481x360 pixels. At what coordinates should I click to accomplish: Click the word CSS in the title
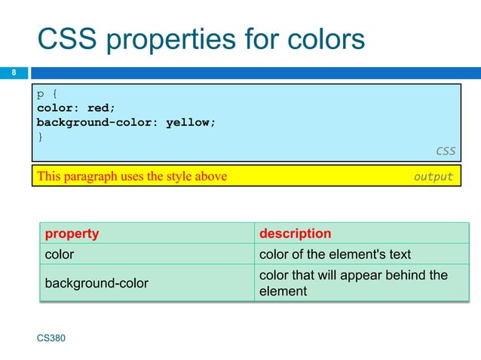pyautogui.click(x=66, y=39)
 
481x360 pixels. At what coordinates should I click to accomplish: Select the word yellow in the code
pyautogui.click(x=189, y=122)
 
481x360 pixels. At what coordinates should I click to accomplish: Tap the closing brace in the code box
pyautogui.click(x=41, y=136)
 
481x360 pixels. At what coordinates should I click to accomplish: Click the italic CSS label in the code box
pyautogui.click(x=445, y=151)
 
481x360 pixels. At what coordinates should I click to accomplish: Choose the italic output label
pyautogui.click(x=433, y=177)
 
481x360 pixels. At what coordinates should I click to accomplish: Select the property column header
pyautogui.click(x=72, y=233)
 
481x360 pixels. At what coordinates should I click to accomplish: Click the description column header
pyautogui.click(x=295, y=233)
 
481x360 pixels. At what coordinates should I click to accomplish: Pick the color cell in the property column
pyautogui.click(x=60, y=255)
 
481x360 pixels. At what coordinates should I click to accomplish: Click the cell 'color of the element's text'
pyautogui.click(x=335, y=255)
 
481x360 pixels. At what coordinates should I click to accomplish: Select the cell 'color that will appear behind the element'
pyautogui.click(x=353, y=283)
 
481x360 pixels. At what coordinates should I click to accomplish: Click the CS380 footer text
pyautogui.click(x=51, y=339)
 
